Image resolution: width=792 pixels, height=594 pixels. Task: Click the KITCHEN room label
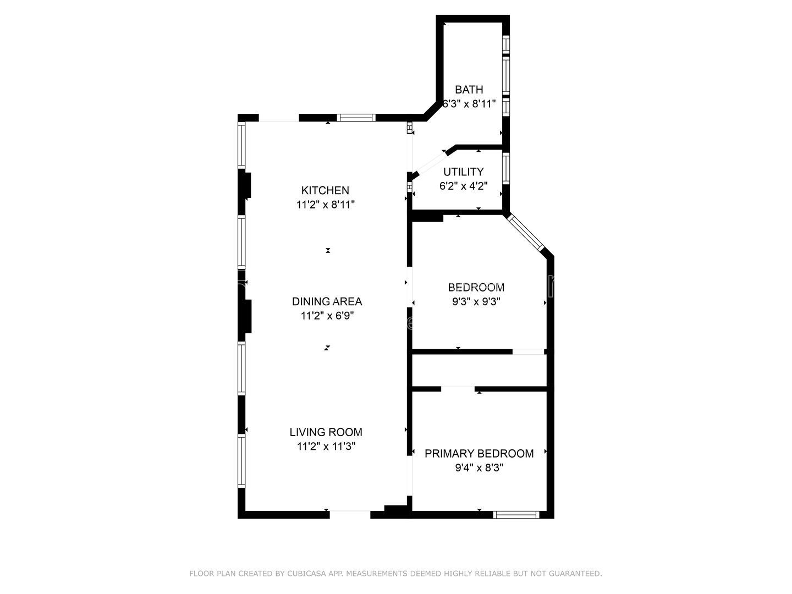click(325, 190)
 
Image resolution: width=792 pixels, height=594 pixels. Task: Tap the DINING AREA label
click(327, 301)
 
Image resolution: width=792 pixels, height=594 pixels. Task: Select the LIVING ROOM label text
click(326, 432)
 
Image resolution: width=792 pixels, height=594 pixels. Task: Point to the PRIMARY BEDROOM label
click(479, 453)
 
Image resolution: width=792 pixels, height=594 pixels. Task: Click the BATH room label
click(469, 90)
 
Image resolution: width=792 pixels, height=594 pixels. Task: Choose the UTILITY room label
click(464, 172)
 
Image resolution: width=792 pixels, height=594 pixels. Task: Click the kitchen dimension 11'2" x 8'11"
click(326, 205)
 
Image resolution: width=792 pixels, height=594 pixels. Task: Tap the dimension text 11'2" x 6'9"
click(327, 316)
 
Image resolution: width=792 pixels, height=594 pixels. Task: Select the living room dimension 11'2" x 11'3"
click(326, 447)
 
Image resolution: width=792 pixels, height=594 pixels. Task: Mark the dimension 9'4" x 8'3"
click(479, 468)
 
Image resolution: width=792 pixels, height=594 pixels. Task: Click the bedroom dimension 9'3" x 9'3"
click(476, 301)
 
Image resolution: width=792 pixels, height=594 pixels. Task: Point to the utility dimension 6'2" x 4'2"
click(464, 186)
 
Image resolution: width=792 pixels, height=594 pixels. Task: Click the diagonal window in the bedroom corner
click(525, 233)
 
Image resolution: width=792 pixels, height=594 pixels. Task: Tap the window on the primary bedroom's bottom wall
click(515, 515)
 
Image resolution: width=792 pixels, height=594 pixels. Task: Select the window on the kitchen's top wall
click(356, 118)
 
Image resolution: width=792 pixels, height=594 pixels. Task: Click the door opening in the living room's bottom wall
click(350, 514)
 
